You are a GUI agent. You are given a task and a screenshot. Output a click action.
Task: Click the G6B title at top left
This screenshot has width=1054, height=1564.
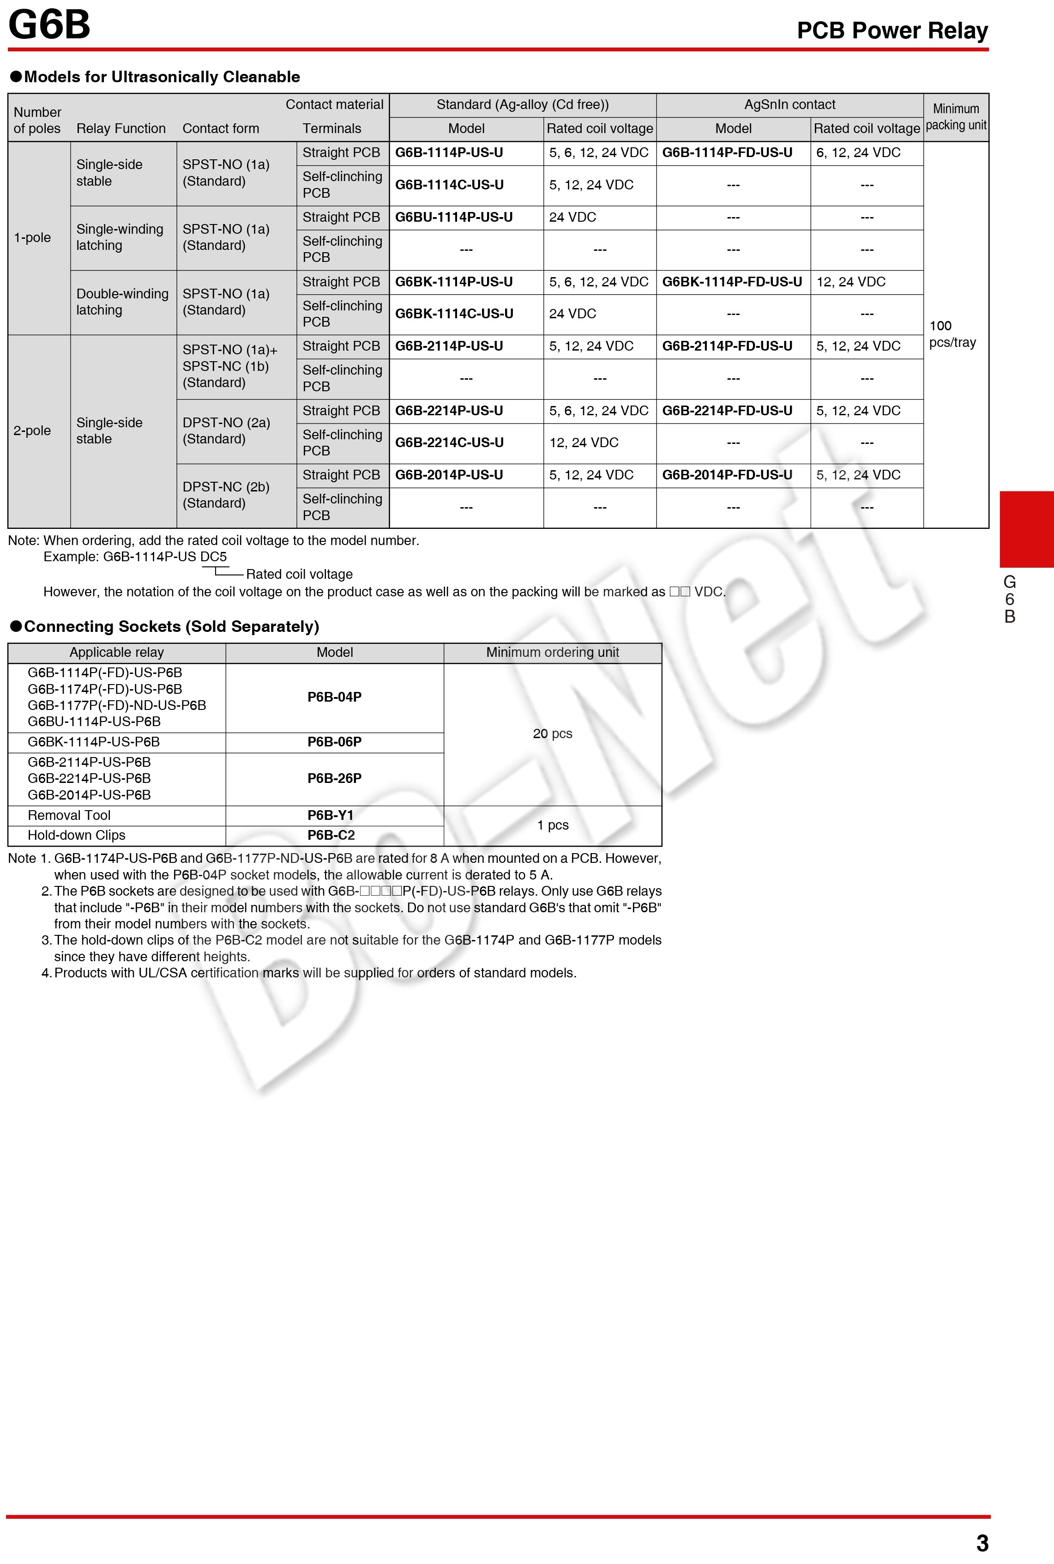point(49,25)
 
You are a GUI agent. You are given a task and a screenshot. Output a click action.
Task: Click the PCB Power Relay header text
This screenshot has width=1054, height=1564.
point(892,31)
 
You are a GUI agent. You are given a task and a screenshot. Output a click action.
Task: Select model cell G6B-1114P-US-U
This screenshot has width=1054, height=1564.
point(449,152)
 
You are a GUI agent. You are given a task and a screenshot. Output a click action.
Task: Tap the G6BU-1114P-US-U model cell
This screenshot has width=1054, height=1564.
point(454,217)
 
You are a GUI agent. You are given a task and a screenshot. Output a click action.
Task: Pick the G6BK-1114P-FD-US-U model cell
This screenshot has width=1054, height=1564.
point(732,282)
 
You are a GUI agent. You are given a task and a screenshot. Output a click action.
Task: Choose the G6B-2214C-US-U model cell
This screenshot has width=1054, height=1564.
point(449,443)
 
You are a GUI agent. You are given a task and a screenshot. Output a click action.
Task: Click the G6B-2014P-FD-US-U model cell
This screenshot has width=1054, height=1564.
point(727,475)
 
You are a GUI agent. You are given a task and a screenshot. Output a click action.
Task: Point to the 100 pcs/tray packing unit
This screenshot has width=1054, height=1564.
point(952,334)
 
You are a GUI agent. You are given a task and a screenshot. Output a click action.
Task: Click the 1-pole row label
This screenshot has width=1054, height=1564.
point(32,237)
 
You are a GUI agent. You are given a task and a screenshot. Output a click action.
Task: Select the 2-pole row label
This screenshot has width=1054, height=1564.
point(32,430)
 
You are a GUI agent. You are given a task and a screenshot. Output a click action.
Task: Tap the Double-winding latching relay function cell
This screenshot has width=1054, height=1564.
point(122,302)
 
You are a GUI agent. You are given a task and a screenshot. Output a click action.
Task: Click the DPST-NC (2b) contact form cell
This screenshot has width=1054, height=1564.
point(226,495)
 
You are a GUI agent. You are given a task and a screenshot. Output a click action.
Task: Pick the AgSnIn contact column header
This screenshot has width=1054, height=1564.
point(790,105)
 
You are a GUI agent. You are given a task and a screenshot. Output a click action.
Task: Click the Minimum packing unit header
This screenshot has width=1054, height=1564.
point(956,117)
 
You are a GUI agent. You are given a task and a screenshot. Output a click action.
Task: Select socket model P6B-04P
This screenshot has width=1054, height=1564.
point(334,697)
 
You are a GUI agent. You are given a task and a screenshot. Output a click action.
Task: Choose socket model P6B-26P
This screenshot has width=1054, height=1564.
point(334,778)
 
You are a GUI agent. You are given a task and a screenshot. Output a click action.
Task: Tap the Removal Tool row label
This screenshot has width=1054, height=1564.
point(69,815)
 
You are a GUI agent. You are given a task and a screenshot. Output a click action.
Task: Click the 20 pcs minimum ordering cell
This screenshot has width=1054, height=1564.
point(553,734)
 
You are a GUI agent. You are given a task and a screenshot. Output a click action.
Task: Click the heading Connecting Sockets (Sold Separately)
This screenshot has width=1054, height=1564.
point(171,627)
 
